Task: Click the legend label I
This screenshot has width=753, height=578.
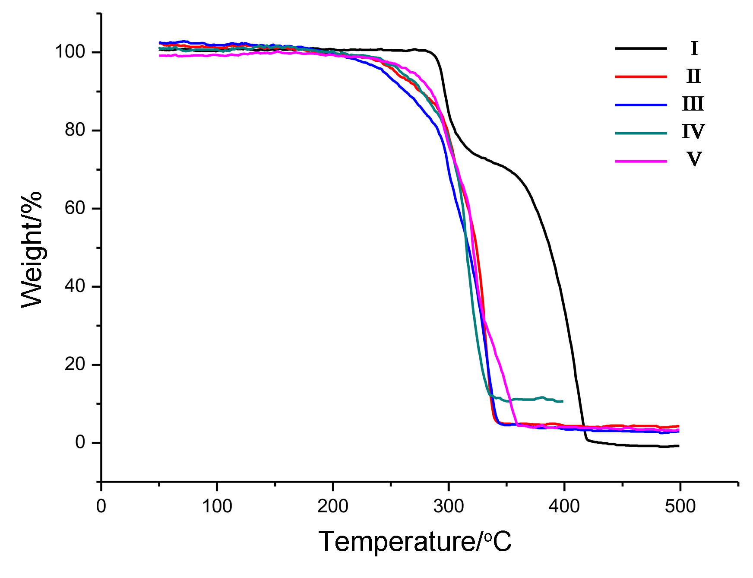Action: pyautogui.click(x=694, y=49)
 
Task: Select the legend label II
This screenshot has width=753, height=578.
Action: pyautogui.click(x=694, y=76)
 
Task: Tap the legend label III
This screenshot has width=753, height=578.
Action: pyautogui.click(x=693, y=104)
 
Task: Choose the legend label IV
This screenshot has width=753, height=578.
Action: pyautogui.click(x=693, y=132)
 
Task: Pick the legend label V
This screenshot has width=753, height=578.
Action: pyautogui.click(x=694, y=159)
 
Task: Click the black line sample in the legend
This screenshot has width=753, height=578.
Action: pyautogui.click(x=641, y=48)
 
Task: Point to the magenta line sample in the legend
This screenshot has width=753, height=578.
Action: pyautogui.click(x=641, y=161)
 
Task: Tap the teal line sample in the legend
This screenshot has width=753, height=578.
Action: pyautogui.click(x=641, y=133)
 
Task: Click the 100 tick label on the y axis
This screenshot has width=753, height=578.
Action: pyautogui.click(x=70, y=52)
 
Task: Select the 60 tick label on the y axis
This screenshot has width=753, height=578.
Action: pyautogui.click(x=75, y=208)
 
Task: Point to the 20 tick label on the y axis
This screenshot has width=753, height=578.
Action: pyautogui.click(x=75, y=364)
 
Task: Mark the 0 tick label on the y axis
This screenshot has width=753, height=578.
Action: pyautogui.click(x=80, y=442)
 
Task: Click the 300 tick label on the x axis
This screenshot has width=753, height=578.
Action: pyautogui.click(x=449, y=506)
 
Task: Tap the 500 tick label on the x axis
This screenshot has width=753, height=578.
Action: pyautogui.click(x=680, y=506)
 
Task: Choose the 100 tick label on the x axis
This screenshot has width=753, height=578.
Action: pyautogui.click(x=217, y=506)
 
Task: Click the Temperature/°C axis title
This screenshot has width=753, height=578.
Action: pyautogui.click(x=415, y=542)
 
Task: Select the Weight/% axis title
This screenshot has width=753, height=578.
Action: pyautogui.click(x=32, y=249)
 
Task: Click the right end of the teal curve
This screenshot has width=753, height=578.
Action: pyautogui.click(x=563, y=401)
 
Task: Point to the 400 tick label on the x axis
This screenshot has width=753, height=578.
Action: pyautogui.click(x=564, y=506)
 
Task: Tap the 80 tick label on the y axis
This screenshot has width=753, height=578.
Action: pyautogui.click(x=75, y=130)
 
